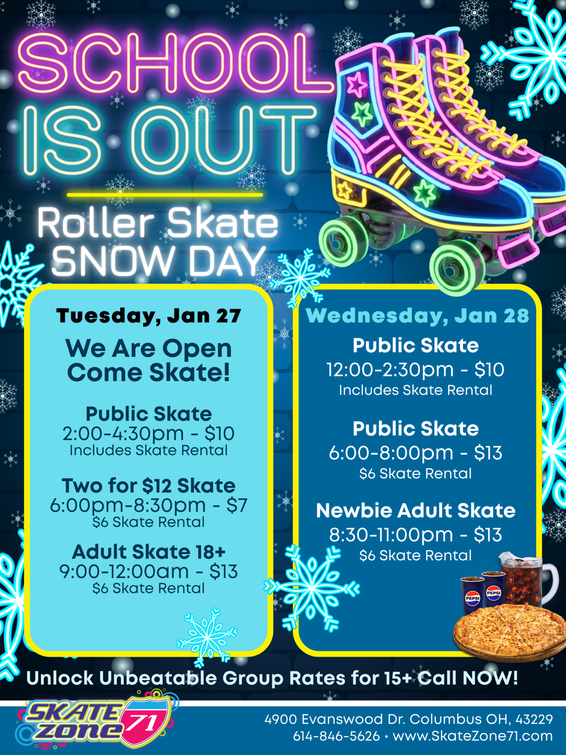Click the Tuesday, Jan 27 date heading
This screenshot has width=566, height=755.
(149, 316)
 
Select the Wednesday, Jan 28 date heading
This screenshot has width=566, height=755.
(417, 316)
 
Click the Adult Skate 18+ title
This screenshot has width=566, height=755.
(149, 552)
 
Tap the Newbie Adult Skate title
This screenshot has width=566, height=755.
(416, 511)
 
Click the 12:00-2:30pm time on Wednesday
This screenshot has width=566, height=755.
(390, 370)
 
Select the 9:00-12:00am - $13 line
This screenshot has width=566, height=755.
(149, 571)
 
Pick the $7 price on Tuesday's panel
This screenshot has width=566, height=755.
(237, 505)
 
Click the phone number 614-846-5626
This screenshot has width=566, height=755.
(336, 736)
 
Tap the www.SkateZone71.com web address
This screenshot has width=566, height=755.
(473, 736)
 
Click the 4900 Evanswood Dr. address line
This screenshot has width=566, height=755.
(409, 719)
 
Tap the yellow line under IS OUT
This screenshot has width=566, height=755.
(165, 195)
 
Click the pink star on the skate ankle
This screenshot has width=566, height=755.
(357, 84)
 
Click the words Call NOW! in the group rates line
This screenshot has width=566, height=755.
(468, 678)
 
